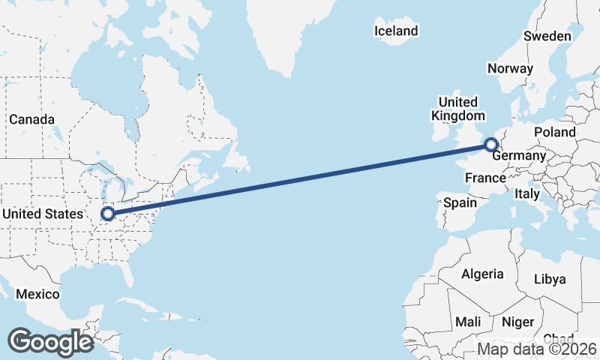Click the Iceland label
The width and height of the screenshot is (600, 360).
(396, 31)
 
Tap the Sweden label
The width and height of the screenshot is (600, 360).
(547, 36)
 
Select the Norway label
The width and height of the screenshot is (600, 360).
(510, 68)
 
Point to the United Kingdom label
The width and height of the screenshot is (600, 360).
(457, 109)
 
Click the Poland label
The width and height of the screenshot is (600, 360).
(555, 132)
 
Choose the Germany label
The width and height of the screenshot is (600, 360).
(518, 155)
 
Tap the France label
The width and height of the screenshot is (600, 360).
(485, 178)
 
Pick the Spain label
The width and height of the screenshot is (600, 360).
(460, 202)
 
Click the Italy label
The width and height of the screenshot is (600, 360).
(527, 193)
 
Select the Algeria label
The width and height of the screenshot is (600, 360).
(482, 274)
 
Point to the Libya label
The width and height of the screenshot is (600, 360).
(550, 279)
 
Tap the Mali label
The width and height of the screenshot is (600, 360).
(469, 322)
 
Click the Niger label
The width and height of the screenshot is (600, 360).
(517, 322)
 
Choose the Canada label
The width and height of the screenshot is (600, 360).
(31, 119)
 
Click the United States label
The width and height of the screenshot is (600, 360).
(43, 214)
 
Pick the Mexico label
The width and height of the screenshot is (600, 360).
(37, 294)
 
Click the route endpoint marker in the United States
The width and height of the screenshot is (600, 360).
(108, 214)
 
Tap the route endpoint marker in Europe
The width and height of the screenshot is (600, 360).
(491, 145)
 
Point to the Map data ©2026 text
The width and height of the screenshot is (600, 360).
(537, 349)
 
